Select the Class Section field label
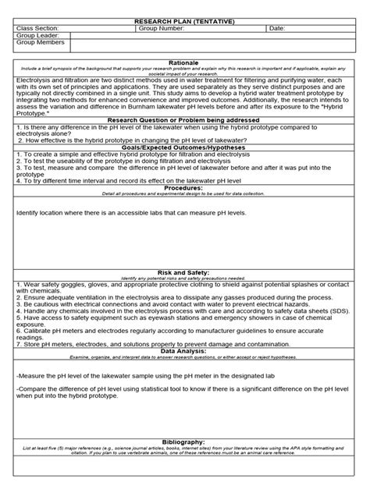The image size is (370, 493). click(x=37, y=28)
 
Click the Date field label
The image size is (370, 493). click(x=277, y=28)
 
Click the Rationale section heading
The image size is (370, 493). click(x=184, y=62)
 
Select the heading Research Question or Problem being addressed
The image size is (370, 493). click(x=184, y=120)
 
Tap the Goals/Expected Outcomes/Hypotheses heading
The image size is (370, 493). click(x=184, y=146)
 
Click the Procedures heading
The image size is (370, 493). click(x=184, y=188)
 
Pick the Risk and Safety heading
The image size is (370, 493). click(x=184, y=272)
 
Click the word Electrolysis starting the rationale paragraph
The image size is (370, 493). click(x=35, y=80)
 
